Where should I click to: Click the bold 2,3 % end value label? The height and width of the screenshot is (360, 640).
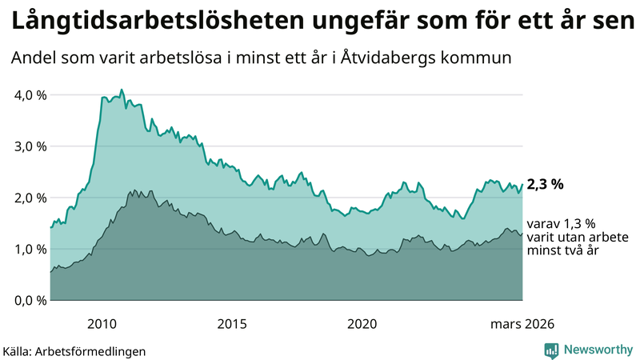click(x=545, y=184)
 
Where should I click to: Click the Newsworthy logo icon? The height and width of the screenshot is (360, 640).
click(x=551, y=350)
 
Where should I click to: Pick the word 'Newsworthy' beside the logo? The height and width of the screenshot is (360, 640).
click(x=598, y=350)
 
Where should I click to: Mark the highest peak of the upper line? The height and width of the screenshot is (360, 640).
click(x=122, y=90)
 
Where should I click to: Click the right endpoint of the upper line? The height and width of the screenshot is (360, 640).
click(x=522, y=184)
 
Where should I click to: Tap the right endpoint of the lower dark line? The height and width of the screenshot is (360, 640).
click(x=522, y=234)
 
